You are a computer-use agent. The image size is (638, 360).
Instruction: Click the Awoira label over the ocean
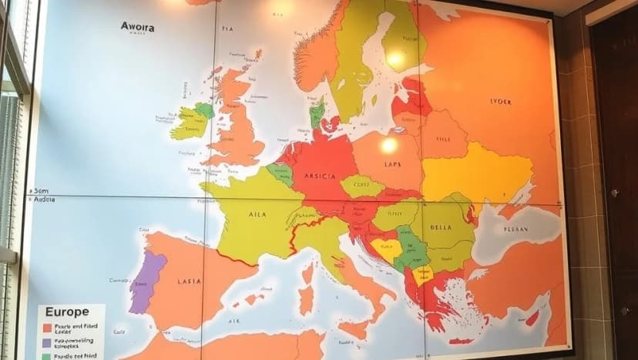pyautogui.click(x=137, y=26)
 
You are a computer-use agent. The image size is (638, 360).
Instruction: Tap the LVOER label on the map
pyautogui.click(x=501, y=101)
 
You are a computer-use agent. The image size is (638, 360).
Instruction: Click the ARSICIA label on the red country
pyautogui.click(x=320, y=176)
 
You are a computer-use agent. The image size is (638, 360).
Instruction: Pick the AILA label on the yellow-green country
pyautogui.click(x=257, y=214)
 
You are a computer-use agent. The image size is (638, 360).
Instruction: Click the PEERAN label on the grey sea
pyautogui.click(x=515, y=230)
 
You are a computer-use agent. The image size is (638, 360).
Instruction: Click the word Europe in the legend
pyautogui.click(x=66, y=312)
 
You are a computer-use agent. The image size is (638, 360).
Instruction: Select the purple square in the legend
pyautogui.click(x=46, y=341)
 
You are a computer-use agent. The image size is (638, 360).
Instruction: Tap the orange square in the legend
pyautogui.click(x=46, y=327)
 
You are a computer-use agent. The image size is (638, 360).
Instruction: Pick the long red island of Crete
pyautogui.click(x=460, y=341)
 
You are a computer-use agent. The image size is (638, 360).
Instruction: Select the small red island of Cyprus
pyautogui.click(x=532, y=318)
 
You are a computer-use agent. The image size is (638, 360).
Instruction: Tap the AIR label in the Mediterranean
pyautogui.click(x=236, y=319)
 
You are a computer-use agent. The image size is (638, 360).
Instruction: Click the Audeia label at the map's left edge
pyautogui.click(x=44, y=199)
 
